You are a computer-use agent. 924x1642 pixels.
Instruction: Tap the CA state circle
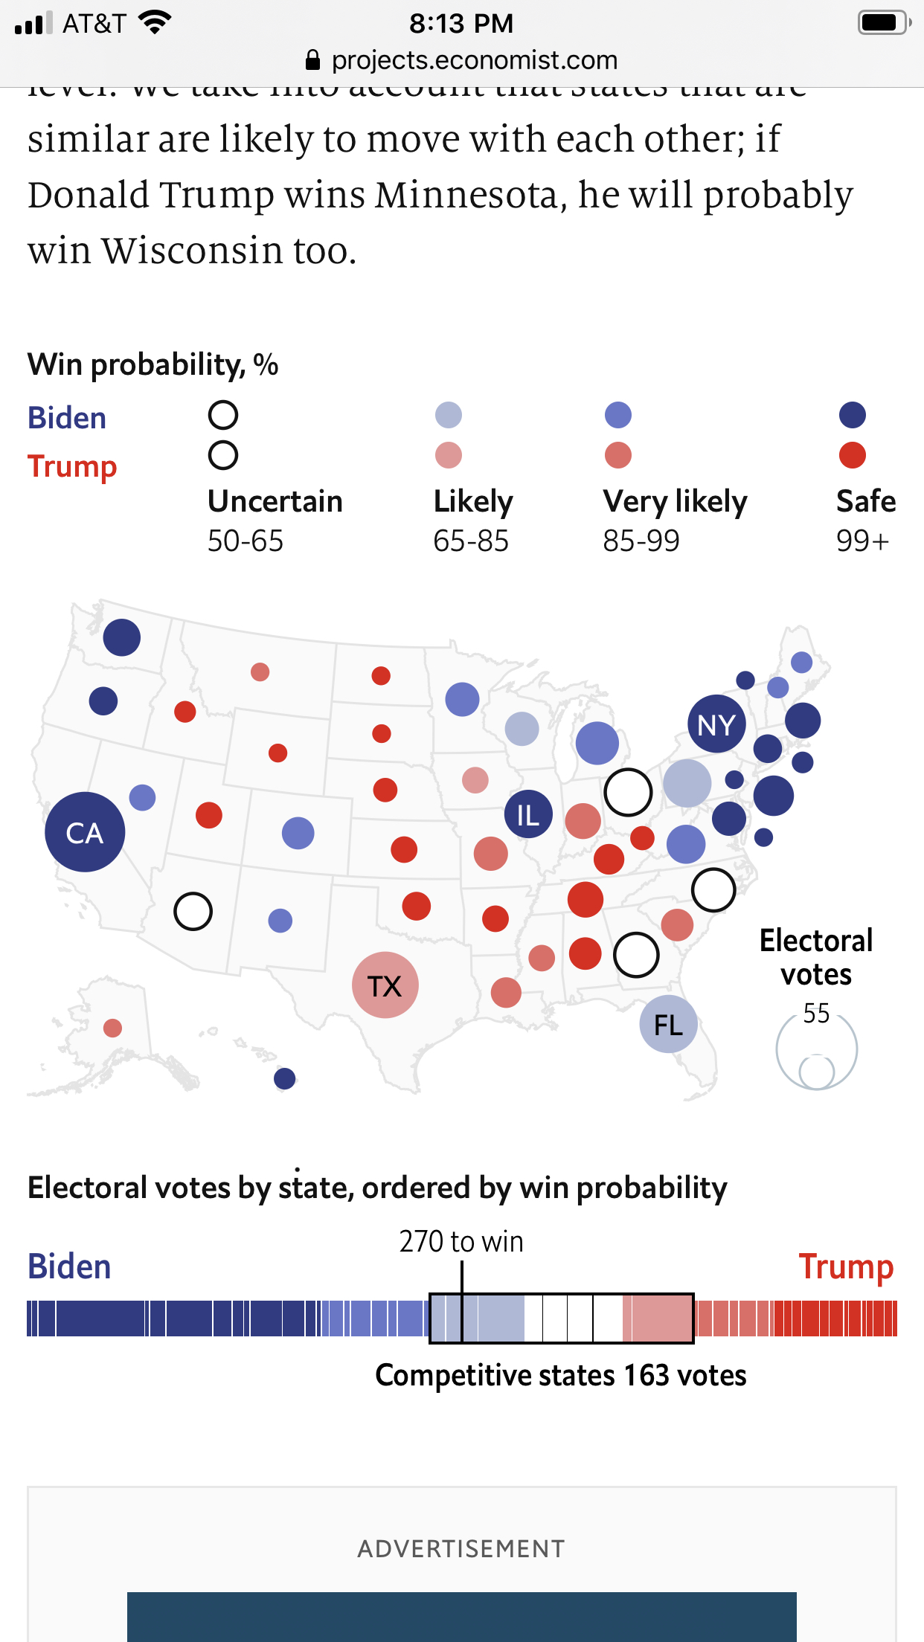pos(85,832)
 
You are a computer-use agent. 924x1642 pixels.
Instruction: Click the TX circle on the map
pos(385,985)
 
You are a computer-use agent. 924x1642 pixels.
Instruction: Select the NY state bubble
pos(716,724)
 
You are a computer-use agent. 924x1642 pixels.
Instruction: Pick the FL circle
pos(668,1025)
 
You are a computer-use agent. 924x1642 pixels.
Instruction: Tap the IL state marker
pos(528,814)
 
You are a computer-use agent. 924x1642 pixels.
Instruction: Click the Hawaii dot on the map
pos(285,1078)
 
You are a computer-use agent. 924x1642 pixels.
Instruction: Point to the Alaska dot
pos(112,1028)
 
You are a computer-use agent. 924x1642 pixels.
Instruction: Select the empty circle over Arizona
pos(193,911)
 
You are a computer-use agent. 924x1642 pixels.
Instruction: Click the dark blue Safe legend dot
pos(853,415)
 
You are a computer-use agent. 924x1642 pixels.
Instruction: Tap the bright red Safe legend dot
pos(853,455)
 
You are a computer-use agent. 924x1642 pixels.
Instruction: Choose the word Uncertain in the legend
pos(275,501)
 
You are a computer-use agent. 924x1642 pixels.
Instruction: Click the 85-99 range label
pos(641,541)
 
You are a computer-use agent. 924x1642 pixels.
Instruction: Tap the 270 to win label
pos(461,1242)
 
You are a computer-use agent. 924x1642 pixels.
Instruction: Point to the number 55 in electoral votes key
pos(816,1014)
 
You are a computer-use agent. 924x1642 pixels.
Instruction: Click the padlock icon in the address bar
pos(313,60)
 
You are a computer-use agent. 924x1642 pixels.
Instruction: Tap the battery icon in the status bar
pos(883,23)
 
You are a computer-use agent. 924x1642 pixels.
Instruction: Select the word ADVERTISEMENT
pos(461,1549)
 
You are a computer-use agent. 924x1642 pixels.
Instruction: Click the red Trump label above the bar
pos(846,1266)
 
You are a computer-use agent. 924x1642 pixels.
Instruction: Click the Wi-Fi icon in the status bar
pos(155,23)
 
